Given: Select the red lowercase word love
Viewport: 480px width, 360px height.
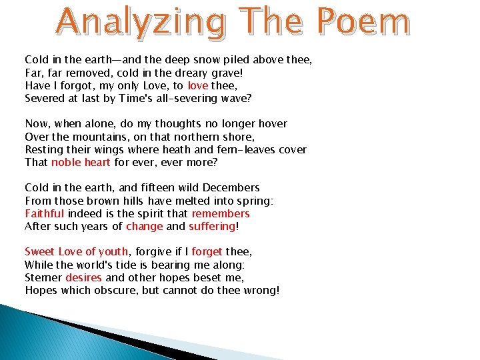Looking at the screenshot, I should [198, 85].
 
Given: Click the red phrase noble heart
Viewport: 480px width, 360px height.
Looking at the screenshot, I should [81, 162].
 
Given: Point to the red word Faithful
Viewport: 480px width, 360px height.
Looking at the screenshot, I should [45, 213].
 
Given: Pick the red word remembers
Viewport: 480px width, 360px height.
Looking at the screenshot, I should [221, 213].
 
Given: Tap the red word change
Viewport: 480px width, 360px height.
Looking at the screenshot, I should [145, 226].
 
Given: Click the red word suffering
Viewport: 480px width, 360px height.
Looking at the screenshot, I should [212, 226].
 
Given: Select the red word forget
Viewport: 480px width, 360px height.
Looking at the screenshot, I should [207, 252].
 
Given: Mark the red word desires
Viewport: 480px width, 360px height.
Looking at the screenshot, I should [83, 277].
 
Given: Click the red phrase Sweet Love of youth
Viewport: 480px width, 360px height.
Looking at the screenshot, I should [77, 252].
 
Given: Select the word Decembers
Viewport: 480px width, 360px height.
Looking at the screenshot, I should [231, 187].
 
